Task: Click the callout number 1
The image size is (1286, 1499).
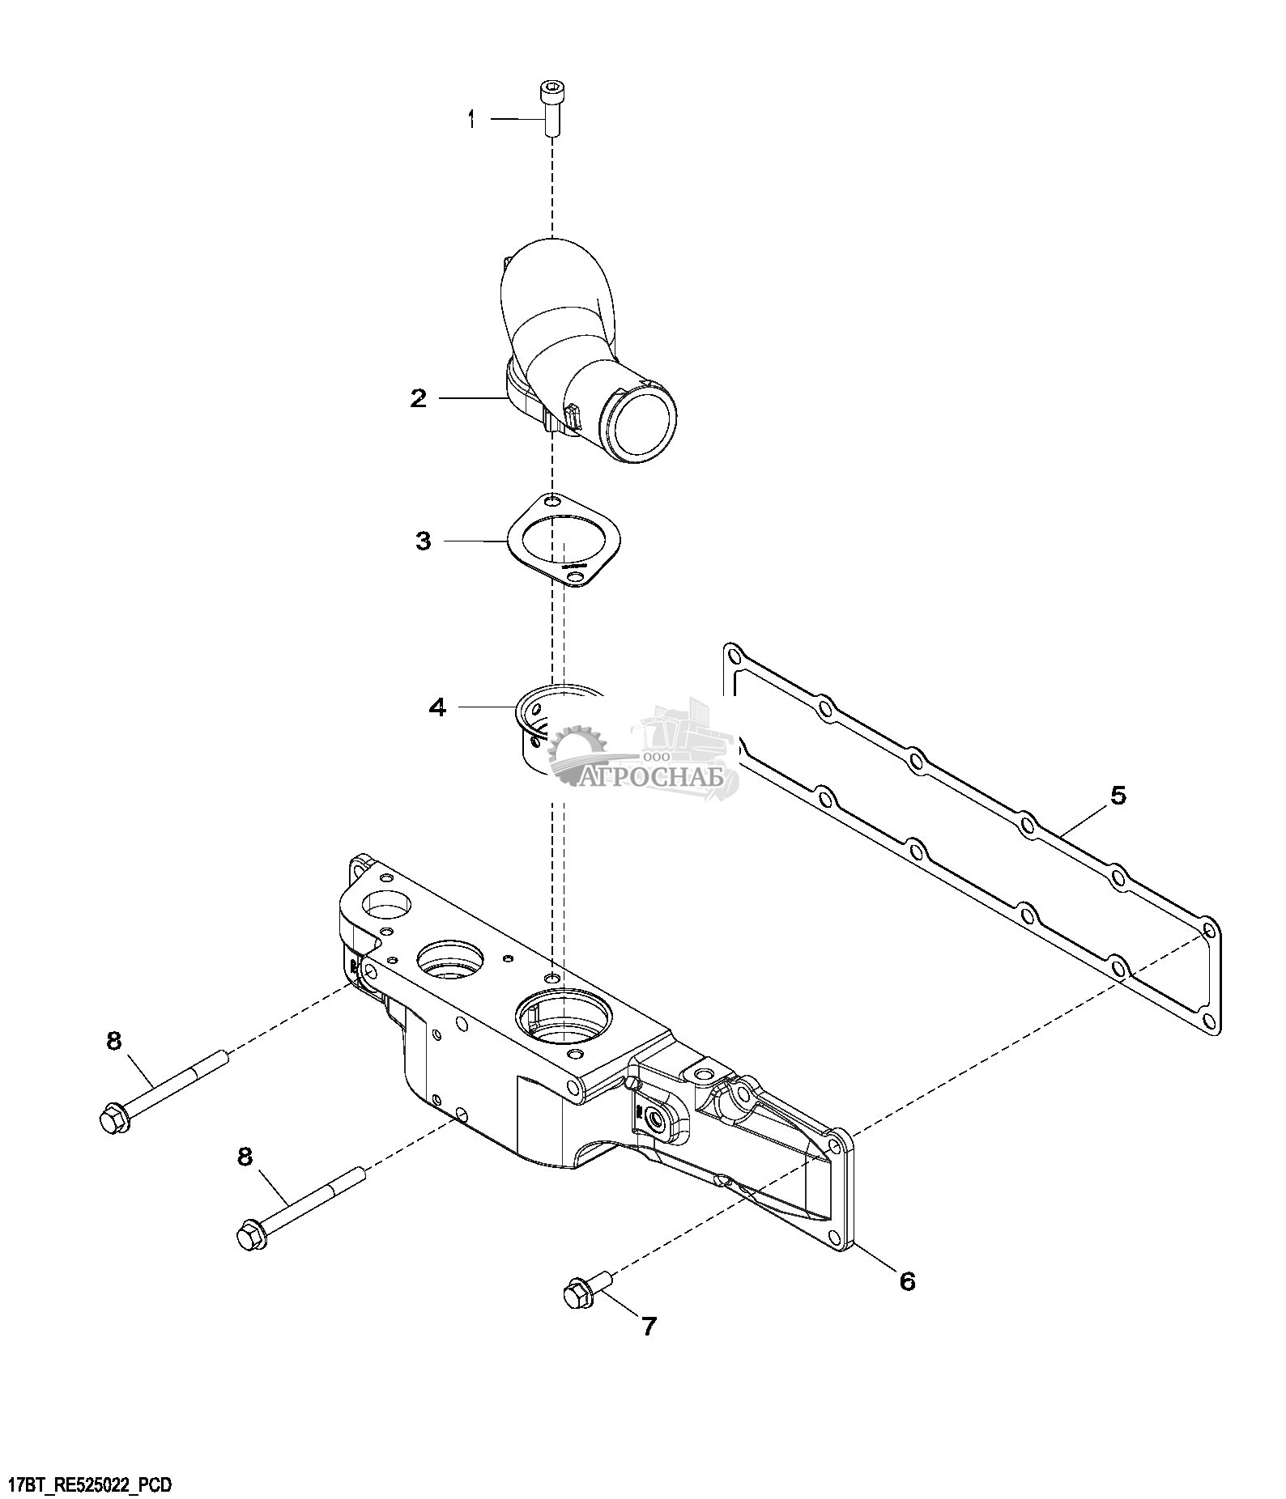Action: pyautogui.click(x=471, y=120)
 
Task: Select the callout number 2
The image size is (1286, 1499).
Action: pyautogui.click(x=418, y=398)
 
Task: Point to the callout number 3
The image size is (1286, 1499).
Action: pyautogui.click(x=424, y=540)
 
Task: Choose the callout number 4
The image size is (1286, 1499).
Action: pyautogui.click(x=437, y=707)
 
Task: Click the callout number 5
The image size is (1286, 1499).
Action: pyautogui.click(x=1118, y=796)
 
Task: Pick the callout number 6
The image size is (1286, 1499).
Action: pyautogui.click(x=907, y=1280)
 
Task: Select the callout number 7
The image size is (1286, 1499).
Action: pyautogui.click(x=649, y=1326)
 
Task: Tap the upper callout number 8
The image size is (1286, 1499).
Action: pyautogui.click(x=113, y=1040)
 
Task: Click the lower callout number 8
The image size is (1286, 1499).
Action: pyautogui.click(x=245, y=1157)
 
